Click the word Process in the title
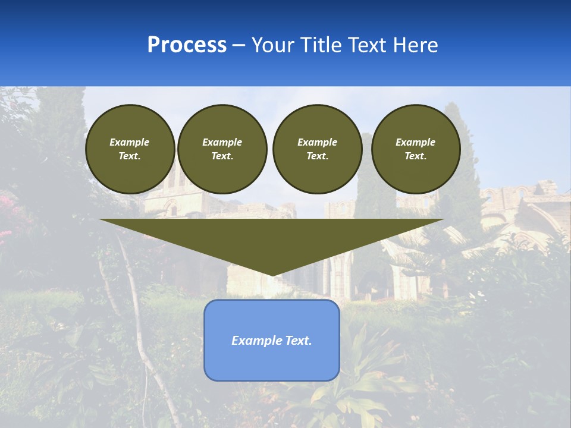click(x=187, y=45)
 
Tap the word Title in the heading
click(x=319, y=45)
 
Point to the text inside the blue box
click(x=272, y=341)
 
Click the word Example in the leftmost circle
click(x=130, y=142)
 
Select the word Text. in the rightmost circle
click(x=416, y=156)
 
